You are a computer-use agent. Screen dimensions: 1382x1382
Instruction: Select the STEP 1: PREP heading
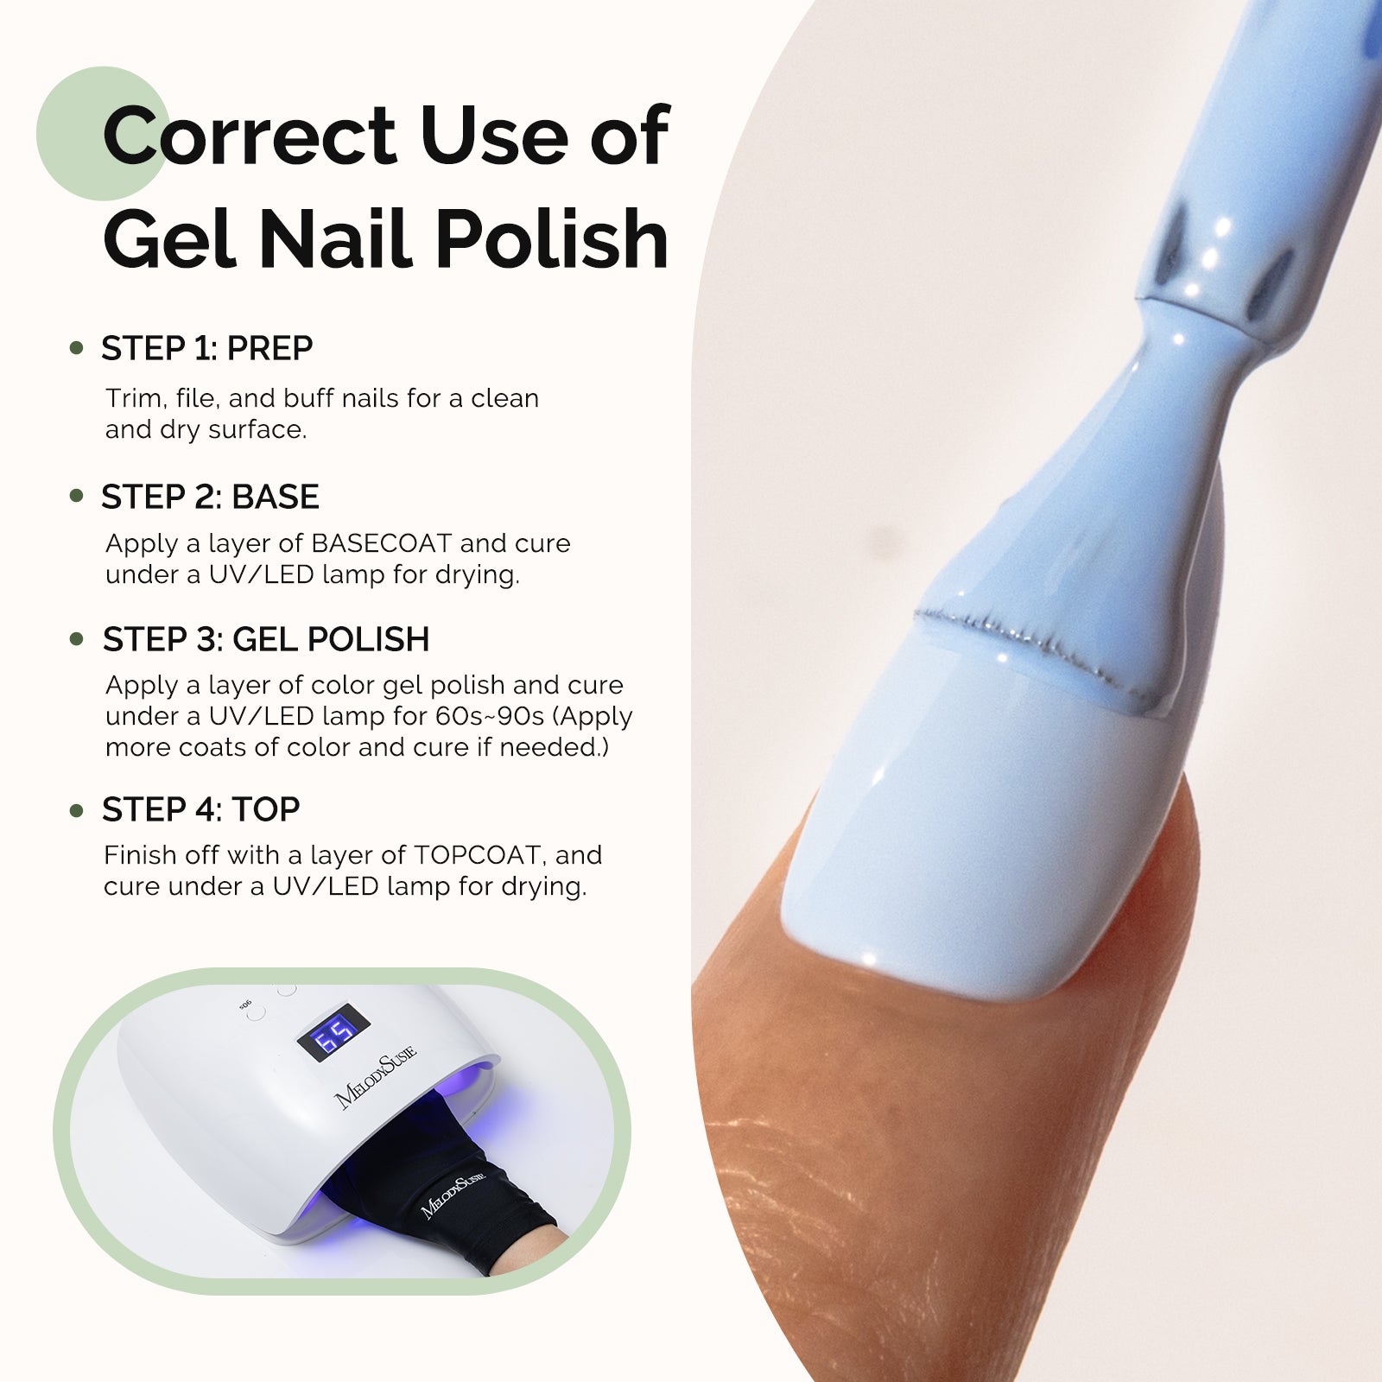point(207,348)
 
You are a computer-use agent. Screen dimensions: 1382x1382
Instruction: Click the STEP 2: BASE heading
point(210,497)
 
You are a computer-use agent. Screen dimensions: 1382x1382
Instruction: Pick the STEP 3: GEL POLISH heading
point(266,639)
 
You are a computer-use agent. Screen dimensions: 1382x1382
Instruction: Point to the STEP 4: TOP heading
point(201,809)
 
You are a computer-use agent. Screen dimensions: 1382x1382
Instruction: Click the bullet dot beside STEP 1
point(77,349)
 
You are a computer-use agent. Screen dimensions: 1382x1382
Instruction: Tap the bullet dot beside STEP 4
point(77,810)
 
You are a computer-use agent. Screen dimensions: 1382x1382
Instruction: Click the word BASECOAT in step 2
point(381,543)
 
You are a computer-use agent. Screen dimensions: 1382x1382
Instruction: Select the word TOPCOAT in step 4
point(478,855)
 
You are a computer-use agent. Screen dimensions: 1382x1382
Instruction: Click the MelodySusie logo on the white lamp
point(375,1076)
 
